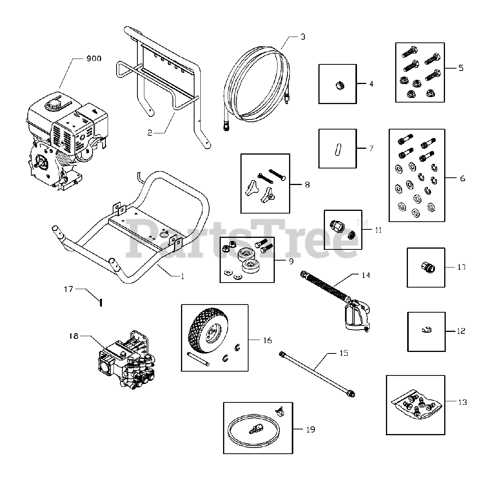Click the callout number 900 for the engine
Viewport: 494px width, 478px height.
[93, 59]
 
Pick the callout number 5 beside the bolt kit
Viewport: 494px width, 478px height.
[461, 68]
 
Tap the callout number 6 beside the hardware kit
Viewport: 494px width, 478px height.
[462, 178]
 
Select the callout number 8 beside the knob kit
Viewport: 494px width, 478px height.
[307, 185]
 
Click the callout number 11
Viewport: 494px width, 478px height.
[378, 230]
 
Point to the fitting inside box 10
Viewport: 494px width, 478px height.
[426, 266]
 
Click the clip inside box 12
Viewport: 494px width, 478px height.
[427, 330]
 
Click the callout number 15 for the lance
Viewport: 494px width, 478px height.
[343, 353]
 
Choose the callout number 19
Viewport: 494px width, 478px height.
[311, 429]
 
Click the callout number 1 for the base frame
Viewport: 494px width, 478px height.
[182, 276]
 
